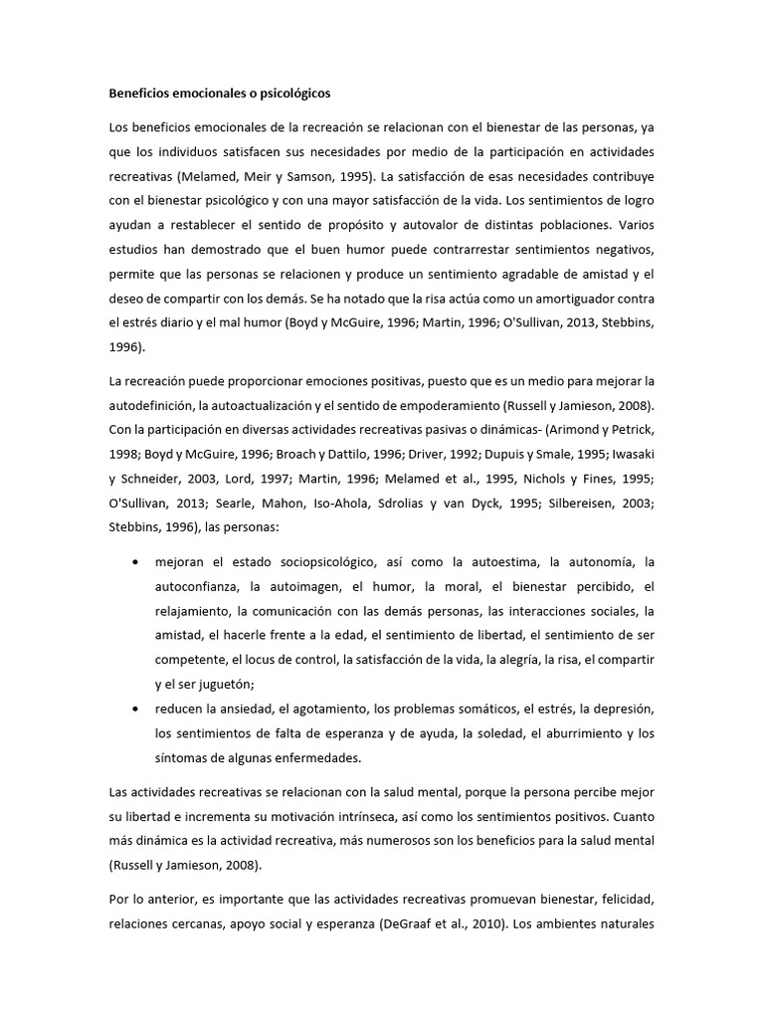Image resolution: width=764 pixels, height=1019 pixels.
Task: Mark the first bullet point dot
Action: click(x=136, y=562)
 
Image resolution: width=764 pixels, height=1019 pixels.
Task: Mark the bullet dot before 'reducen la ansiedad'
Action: click(x=136, y=708)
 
